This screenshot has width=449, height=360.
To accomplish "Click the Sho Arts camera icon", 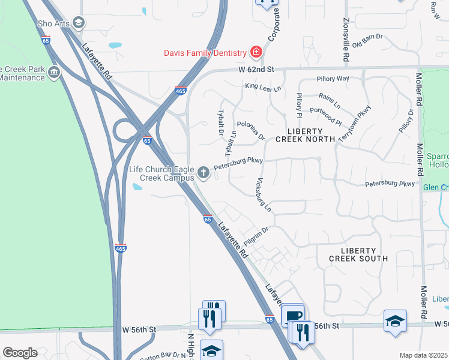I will tap(79, 23).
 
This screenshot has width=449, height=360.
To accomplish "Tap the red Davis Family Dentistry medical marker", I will tap(256, 53).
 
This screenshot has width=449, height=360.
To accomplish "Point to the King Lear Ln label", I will tap(262, 88).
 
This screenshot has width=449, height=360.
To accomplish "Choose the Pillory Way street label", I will tap(333, 79).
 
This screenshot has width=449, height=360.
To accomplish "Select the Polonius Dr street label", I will tap(251, 130).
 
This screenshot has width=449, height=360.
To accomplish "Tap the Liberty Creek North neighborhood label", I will tap(305, 135).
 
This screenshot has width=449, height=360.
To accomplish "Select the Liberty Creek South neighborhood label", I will tap(358, 254).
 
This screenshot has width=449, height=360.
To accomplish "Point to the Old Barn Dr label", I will tap(367, 42).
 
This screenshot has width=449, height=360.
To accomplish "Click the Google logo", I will tap(20, 353).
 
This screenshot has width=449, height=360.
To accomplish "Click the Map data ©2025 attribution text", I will tap(423, 355).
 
